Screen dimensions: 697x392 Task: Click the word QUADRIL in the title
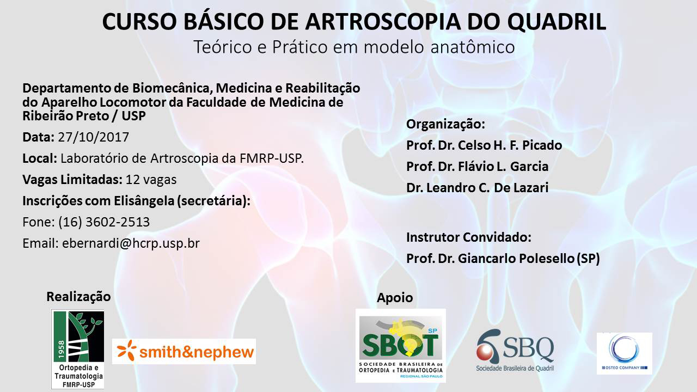[x=557, y=22]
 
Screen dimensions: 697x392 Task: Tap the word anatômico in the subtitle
[x=473, y=47]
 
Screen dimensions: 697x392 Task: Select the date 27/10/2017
[x=93, y=137]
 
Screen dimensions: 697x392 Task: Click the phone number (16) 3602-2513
[x=104, y=222]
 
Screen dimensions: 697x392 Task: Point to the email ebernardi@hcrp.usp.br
[x=131, y=243]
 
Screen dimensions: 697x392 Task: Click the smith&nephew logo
[x=184, y=351]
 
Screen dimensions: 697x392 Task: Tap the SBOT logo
[x=401, y=346]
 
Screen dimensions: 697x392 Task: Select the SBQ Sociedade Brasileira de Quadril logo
[x=515, y=350]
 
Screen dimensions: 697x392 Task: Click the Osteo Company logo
[x=625, y=353]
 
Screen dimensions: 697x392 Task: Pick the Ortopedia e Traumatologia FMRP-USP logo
[x=78, y=349]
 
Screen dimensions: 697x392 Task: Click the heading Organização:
[x=445, y=124]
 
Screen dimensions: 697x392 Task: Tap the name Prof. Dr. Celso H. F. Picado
[x=484, y=145]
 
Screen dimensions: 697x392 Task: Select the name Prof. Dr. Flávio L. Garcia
[x=477, y=167]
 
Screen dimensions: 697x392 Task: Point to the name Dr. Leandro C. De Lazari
[x=477, y=188]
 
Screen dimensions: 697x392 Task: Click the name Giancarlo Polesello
[x=516, y=259]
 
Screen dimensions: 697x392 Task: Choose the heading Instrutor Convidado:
[x=469, y=237]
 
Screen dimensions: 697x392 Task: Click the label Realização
[x=78, y=297]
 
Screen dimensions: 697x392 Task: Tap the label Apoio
[x=395, y=298]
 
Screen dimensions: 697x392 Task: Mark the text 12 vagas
[x=151, y=180]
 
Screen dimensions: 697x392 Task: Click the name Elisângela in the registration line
[x=144, y=201]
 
